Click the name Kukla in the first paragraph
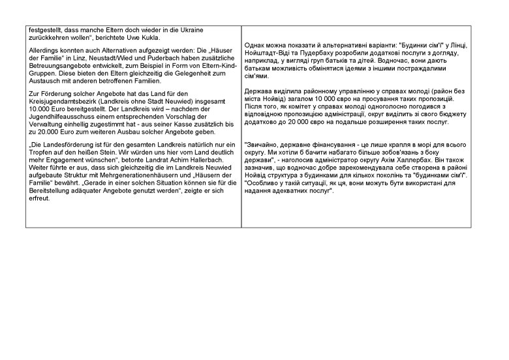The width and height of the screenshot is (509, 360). [160, 37]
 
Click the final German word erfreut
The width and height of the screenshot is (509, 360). [40, 198]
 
